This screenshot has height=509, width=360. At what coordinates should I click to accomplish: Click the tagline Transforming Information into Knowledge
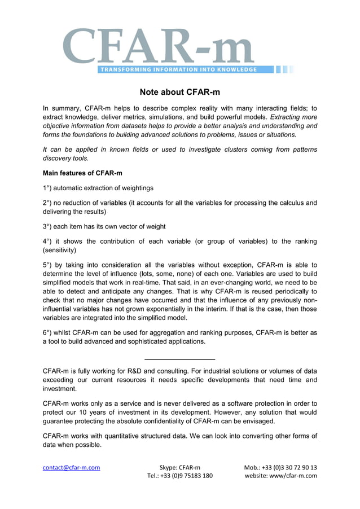point(178,70)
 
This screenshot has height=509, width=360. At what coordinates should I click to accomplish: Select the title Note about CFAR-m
point(179,92)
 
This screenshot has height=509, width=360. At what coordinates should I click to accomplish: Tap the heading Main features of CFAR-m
point(82,172)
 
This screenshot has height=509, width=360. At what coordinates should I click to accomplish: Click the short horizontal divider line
point(180,359)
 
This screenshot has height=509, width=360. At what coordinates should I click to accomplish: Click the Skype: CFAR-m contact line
point(179,467)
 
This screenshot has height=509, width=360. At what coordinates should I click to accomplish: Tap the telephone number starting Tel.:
point(179,476)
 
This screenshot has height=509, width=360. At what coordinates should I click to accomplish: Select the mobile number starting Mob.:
point(280,467)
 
